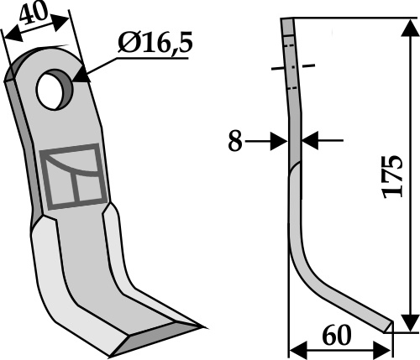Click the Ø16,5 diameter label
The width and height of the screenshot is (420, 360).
tap(155, 44)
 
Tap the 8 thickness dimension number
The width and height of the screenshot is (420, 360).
tap(234, 141)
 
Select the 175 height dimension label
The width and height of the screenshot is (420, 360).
tap(393, 176)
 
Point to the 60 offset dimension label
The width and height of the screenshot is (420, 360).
tap(337, 335)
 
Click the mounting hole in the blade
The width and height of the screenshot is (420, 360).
tap(55, 90)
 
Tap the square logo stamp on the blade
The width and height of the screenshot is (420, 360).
tap(73, 177)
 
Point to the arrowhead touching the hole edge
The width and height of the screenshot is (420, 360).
tap(81, 74)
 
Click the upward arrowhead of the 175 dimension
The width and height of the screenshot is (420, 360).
tap(410, 28)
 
